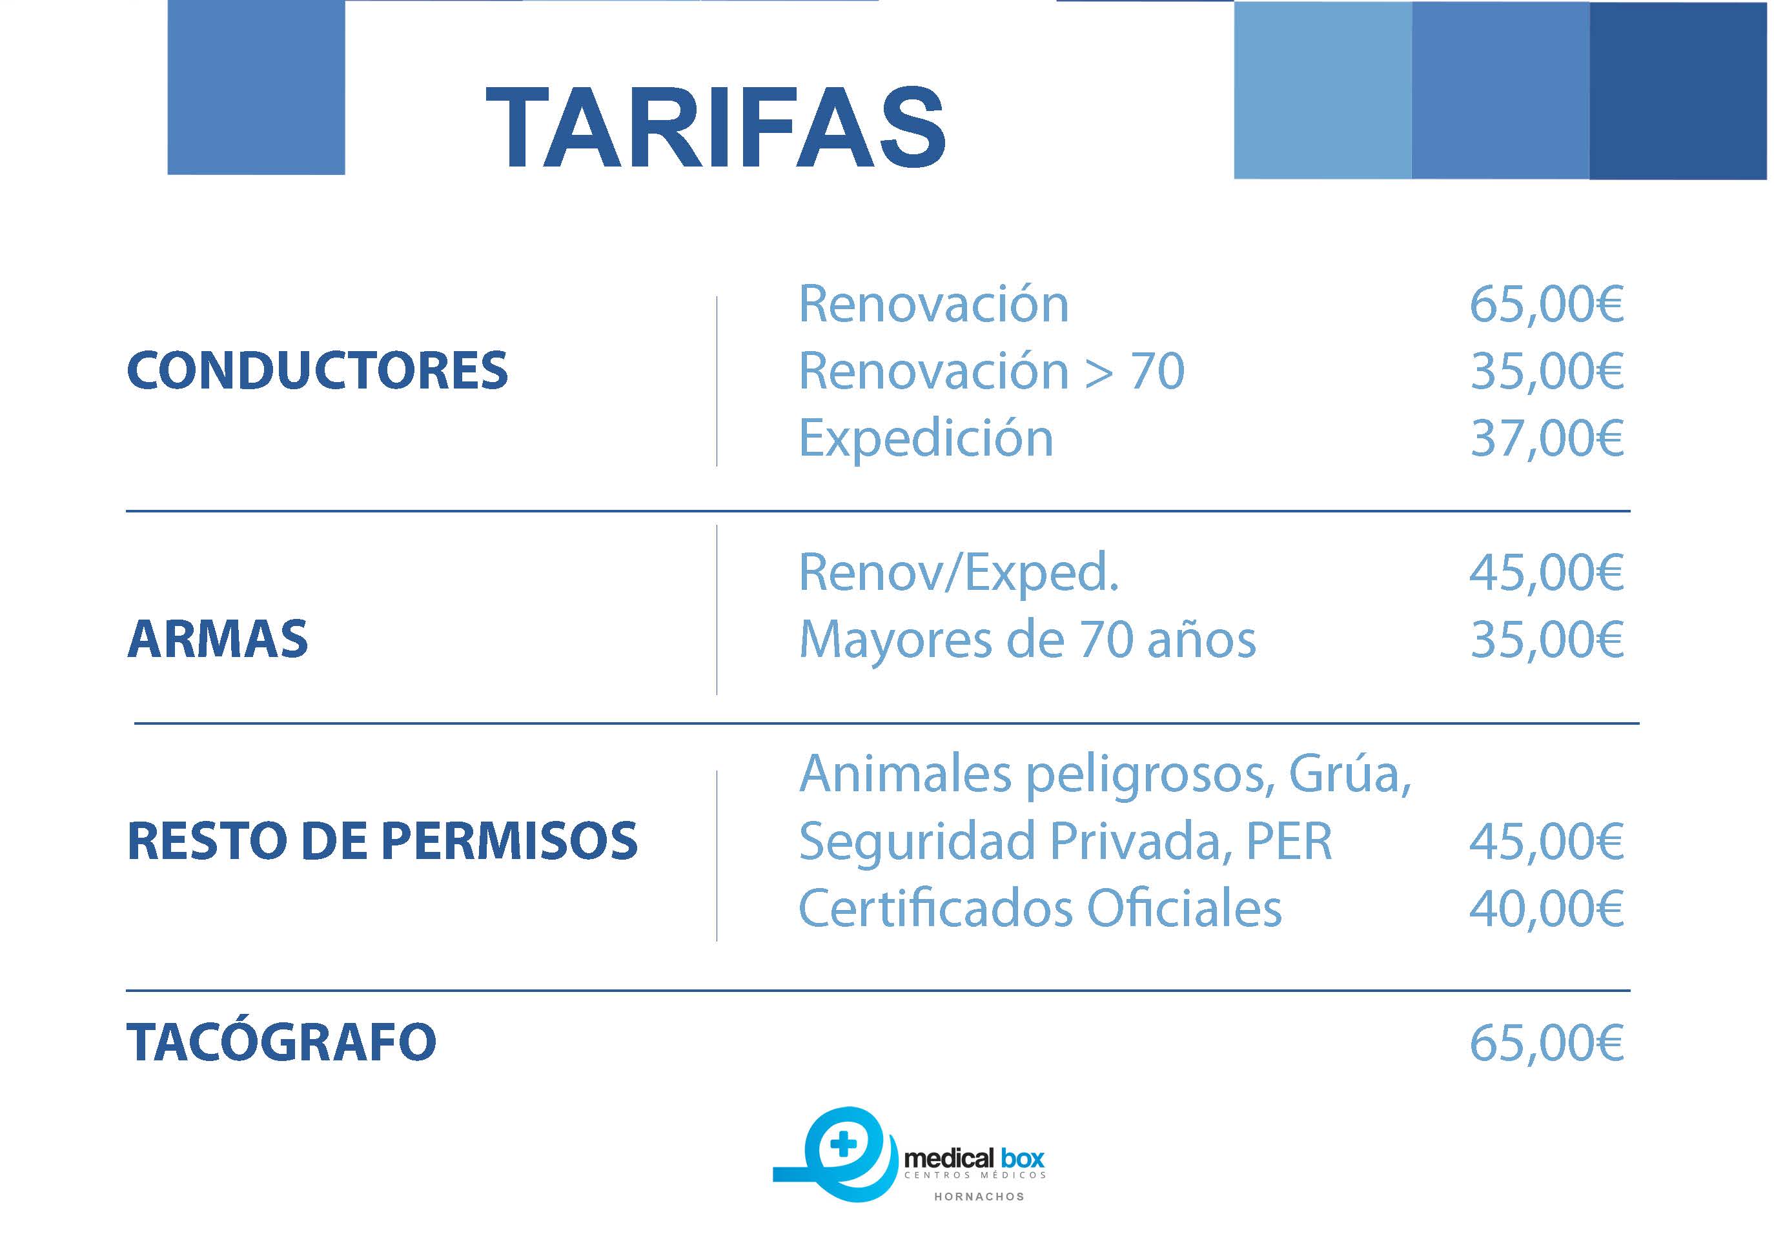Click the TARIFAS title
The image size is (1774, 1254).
coord(715,126)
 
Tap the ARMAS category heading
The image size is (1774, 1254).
coord(218,639)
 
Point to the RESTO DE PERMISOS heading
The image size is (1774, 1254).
coord(382,841)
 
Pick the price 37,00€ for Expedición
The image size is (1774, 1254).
coord(1547,438)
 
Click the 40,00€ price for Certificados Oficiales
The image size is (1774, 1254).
coord(1547,908)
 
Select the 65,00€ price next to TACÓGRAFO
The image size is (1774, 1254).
coord(1547,1042)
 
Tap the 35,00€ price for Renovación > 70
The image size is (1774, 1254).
coord(1547,371)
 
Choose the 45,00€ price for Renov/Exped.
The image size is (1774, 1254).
coord(1547,572)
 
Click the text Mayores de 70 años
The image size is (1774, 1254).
coord(1028,640)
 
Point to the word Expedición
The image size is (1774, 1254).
coord(926,439)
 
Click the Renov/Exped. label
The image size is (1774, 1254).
coord(959,572)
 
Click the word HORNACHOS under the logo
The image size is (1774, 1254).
coord(979,1196)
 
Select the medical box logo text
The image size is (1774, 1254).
coord(974,1158)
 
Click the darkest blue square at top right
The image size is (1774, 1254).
coord(1678,90)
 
